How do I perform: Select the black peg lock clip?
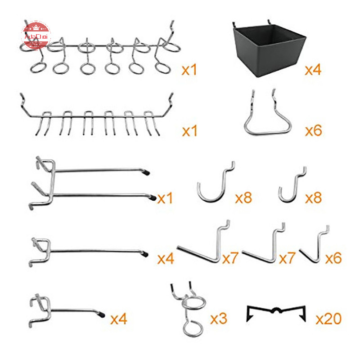pos(276,312)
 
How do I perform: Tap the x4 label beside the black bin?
pos(313,70)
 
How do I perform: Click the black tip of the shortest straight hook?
pos(103,312)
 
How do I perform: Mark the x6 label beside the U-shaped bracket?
pos(313,131)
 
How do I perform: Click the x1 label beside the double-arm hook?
pos(165,198)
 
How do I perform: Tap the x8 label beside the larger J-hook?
pos(243,198)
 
